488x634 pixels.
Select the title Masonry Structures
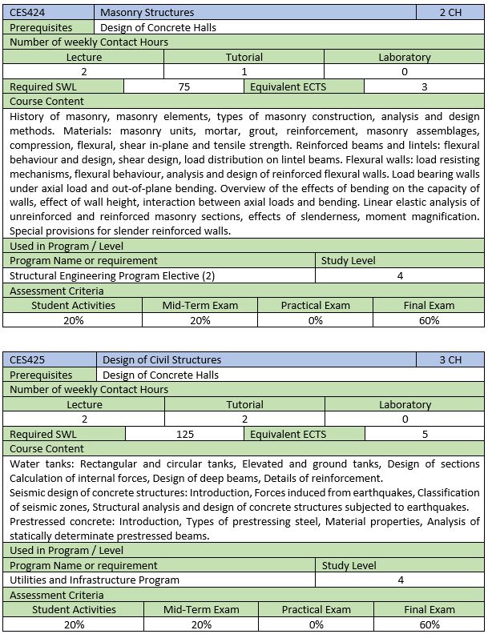147,12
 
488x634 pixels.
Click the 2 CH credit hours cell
450,12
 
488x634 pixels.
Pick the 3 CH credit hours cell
450,359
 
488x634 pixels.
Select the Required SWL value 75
184,86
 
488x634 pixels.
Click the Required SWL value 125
184,434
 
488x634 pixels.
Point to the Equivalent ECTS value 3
424,86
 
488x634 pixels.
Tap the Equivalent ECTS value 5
424,434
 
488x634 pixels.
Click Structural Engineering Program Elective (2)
113,275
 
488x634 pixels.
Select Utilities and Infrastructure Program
95,580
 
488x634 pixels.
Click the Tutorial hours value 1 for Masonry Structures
244,72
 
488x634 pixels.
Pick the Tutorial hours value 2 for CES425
244,419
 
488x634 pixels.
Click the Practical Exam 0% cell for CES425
316,624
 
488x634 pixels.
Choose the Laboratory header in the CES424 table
405,57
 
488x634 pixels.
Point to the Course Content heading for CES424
46,102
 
